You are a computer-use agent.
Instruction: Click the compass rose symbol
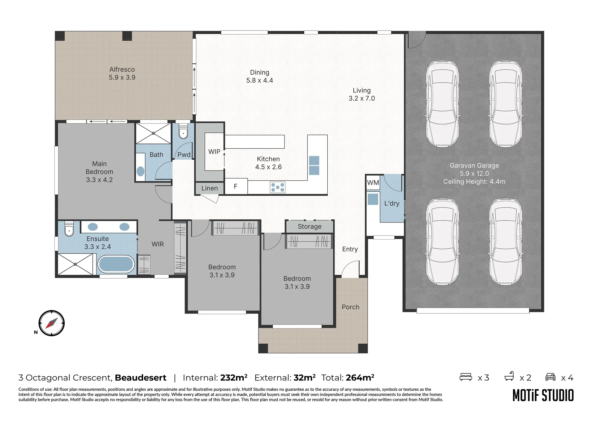(52, 323)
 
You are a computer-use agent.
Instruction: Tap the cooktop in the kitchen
(278, 188)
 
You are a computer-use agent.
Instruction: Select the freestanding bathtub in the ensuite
(116, 264)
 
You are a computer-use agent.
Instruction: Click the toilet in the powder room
(183, 132)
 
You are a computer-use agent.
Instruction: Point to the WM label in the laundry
(373, 182)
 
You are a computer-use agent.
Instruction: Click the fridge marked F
(236, 186)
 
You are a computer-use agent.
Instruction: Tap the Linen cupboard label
(209, 188)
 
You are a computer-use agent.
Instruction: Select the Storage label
(309, 226)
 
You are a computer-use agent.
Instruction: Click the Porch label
(350, 307)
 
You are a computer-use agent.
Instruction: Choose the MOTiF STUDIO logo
(543, 395)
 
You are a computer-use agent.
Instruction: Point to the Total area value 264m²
(360, 378)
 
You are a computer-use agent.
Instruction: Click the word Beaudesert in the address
(140, 378)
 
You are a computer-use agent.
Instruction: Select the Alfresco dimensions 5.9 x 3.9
(122, 77)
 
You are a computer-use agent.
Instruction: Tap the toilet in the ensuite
(69, 229)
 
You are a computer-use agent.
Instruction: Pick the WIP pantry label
(214, 152)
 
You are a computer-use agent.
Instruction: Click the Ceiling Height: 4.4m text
(474, 182)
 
